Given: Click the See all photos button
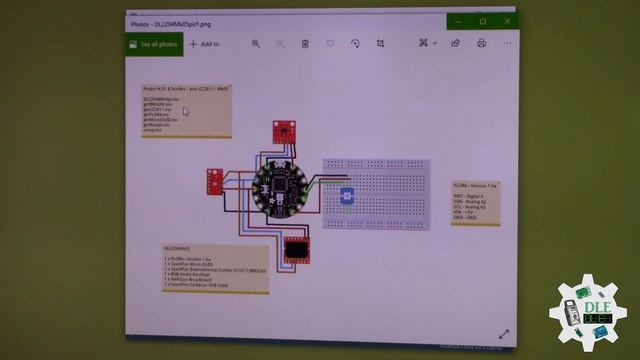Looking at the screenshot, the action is [155, 44].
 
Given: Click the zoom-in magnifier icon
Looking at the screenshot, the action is [256, 44].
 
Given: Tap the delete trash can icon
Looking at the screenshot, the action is [305, 44].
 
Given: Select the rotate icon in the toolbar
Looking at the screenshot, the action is [355, 44].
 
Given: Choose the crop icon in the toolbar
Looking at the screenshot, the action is [381, 44].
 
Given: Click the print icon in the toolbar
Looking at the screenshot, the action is [482, 43].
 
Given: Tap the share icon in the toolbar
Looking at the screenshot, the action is [456, 43].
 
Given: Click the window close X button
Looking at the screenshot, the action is [506, 20].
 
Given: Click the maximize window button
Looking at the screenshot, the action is [482, 20].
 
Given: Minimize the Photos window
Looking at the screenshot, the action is [459, 20].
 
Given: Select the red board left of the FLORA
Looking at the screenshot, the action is [216, 181].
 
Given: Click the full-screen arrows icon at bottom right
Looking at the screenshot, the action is [504, 334].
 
